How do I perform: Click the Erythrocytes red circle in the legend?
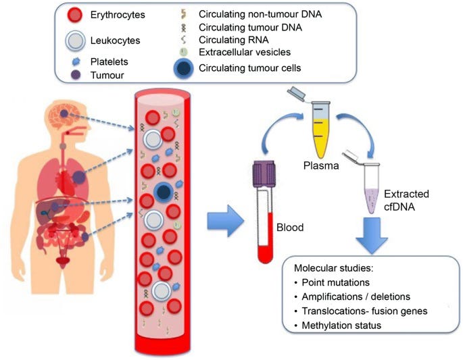75,15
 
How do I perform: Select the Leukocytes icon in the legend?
75,41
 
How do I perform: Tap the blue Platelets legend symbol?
76,61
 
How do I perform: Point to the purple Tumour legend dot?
76,75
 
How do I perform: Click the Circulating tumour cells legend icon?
184,68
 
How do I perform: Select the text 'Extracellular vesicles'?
245,52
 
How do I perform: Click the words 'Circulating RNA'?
234,40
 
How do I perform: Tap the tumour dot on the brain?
64,113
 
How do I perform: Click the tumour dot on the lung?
78,177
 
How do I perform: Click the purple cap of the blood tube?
264,174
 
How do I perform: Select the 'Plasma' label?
321,165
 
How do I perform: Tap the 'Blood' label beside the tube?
290,227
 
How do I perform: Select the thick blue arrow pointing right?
226,221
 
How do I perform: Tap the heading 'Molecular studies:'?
334,268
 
